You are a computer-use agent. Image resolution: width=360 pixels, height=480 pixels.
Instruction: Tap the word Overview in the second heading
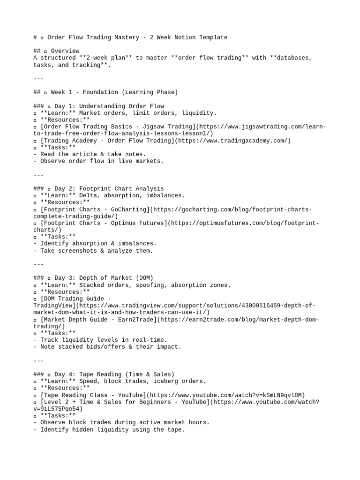(65, 51)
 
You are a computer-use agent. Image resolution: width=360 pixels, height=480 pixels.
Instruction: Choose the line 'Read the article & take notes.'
(93, 154)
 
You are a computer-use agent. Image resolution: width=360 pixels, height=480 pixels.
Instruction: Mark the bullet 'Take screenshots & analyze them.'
(97, 251)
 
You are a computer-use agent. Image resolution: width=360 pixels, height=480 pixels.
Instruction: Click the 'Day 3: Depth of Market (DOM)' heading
(104, 278)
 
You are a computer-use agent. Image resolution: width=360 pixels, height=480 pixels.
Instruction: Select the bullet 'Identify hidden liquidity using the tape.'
(112, 429)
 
